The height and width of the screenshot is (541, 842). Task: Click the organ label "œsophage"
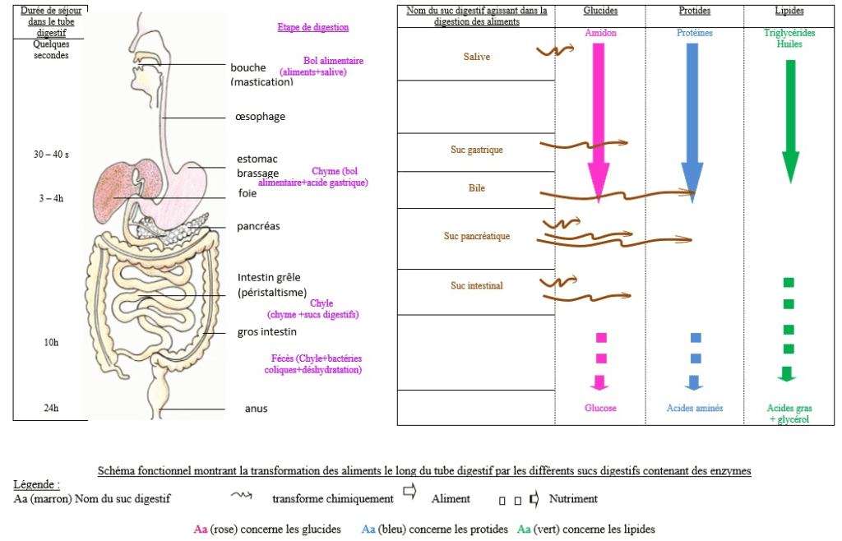click(260, 117)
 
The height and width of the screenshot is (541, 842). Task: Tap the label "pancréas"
click(258, 226)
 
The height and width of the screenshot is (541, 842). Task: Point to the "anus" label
click(256, 409)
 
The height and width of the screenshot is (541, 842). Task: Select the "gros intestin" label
click(266, 331)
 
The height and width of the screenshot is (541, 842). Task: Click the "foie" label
click(247, 194)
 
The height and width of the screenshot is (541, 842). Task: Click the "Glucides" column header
click(600, 11)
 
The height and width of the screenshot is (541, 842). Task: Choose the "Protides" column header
click(694, 11)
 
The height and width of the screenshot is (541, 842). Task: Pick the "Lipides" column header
click(789, 11)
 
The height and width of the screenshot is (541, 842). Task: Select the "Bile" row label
click(476, 188)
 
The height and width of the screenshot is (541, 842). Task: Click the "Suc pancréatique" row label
click(476, 236)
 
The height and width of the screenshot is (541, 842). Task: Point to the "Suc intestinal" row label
click(476, 285)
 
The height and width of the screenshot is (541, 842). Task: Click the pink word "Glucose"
click(600, 408)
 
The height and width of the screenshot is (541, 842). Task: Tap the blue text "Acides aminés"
click(695, 408)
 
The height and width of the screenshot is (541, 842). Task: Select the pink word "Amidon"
click(600, 33)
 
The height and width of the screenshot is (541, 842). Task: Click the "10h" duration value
click(51, 342)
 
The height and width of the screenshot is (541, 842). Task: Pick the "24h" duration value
click(51, 408)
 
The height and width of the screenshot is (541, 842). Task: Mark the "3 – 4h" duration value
click(51, 198)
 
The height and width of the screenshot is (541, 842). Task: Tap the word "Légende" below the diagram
click(36, 485)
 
